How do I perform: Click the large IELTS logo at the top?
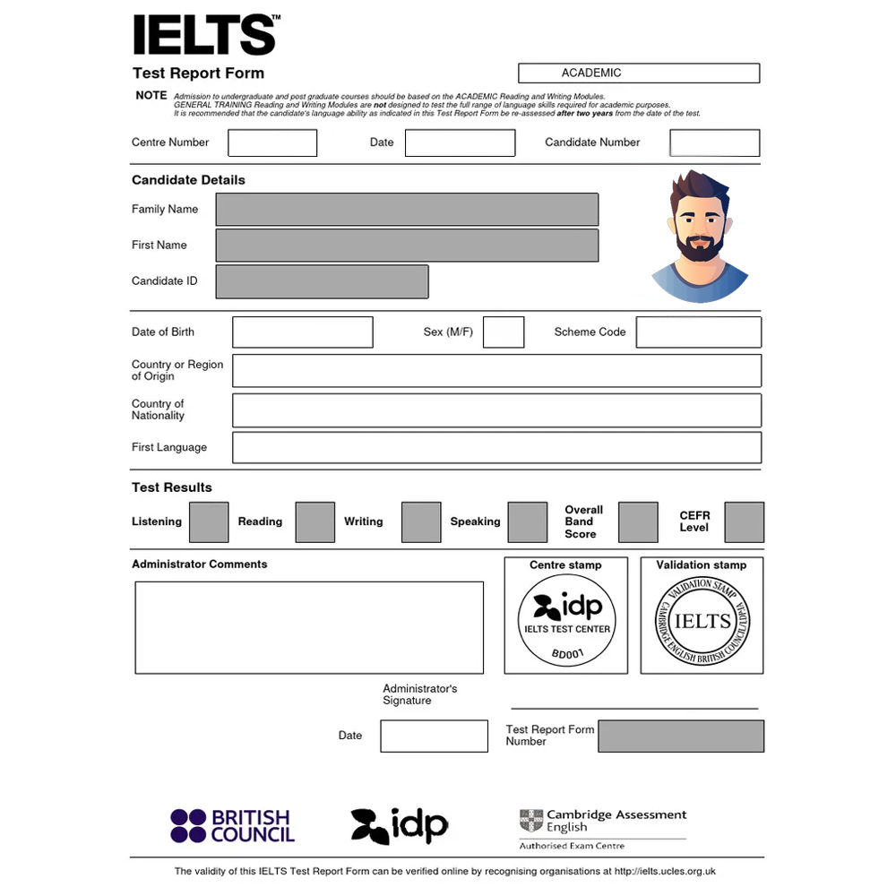tap(205, 36)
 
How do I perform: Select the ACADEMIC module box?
tap(638, 73)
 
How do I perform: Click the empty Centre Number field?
tap(272, 143)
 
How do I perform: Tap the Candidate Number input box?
tap(714, 143)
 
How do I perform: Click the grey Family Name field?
tap(407, 210)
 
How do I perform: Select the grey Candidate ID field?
tap(322, 281)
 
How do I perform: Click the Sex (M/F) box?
tap(504, 332)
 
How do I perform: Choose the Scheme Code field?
tap(698, 332)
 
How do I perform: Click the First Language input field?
tap(496, 448)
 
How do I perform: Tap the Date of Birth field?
tap(302, 332)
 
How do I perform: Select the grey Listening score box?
tap(209, 522)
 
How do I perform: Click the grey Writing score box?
tap(421, 522)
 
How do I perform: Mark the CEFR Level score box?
tap(744, 522)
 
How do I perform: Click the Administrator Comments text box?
tap(309, 627)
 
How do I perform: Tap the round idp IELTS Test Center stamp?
tap(566, 620)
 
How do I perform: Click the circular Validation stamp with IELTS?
tap(702, 621)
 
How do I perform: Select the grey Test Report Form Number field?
tap(681, 736)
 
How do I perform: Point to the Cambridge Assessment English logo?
tap(602, 825)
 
